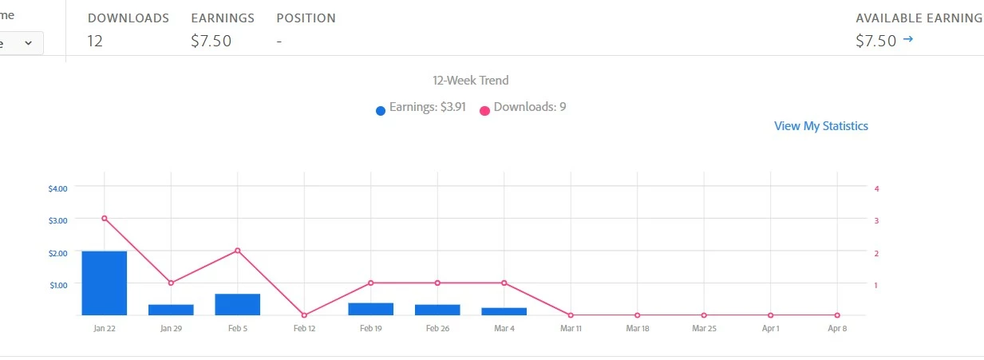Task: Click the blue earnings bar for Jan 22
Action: pos(104,283)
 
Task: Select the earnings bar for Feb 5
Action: pos(237,304)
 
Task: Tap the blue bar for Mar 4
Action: pos(504,311)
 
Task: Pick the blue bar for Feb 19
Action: pos(370,309)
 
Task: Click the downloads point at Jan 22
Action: pos(105,218)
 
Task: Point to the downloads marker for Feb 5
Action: pos(237,251)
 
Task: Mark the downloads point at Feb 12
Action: pos(304,315)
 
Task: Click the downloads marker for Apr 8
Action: pos(836,315)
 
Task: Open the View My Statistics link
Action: pos(820,126)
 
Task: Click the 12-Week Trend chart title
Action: pos(470,80)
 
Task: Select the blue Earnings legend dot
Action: pos(381,110)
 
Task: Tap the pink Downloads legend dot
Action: pos(484,110)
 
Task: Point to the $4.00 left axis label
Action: pos(58,188)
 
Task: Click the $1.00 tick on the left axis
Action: pos(58,284)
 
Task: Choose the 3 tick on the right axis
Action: pos(876,220)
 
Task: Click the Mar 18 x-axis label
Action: pos(636,328)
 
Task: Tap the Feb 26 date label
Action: pos(437,328)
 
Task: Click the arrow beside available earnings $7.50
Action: pos(907,39)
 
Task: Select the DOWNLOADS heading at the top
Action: pos(128,18)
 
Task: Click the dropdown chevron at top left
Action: pos(29,43)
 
